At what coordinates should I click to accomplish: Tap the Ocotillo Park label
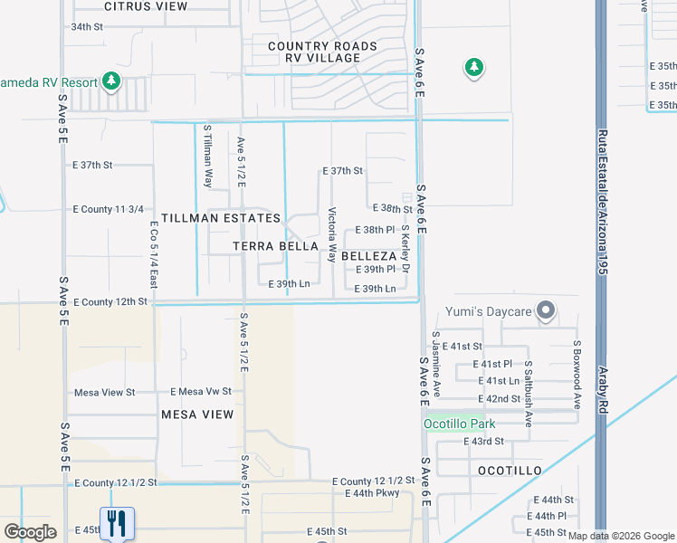point(459,424)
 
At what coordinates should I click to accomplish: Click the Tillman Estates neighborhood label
point(221,218)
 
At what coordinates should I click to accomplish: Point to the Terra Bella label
point(275,246)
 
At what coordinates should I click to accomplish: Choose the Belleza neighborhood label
point(369,256)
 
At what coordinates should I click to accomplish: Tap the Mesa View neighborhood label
point(197,414)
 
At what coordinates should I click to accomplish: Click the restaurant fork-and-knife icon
point(117,523)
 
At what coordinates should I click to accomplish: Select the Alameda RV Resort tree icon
point(111,82)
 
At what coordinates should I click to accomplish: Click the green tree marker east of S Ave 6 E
point(473,67)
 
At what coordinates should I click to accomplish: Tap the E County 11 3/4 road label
point(109,209)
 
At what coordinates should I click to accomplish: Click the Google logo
point(30,532)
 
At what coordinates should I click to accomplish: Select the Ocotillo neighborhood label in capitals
point(509,471)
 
